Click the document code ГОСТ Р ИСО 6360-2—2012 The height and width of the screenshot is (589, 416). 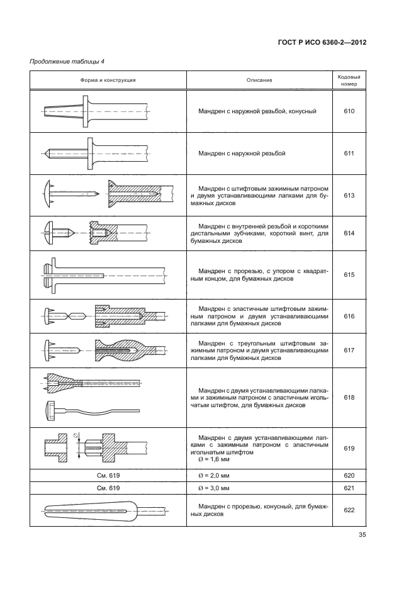tap(322, 42)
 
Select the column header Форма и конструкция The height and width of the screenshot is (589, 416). tap(108, 81)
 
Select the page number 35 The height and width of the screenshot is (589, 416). tap(362, 536)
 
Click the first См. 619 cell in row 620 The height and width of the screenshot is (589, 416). tap(108, 475)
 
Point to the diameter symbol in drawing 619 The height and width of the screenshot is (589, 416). tap(75, 435)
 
